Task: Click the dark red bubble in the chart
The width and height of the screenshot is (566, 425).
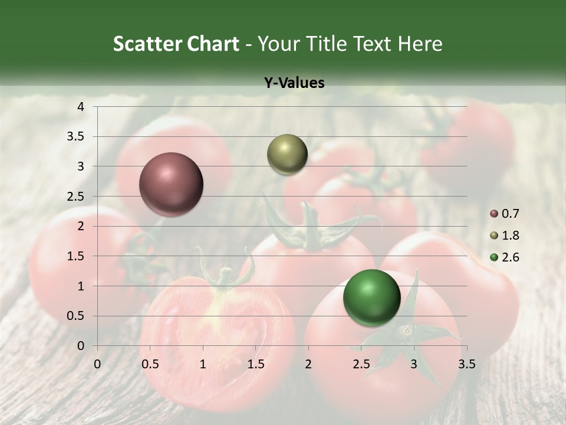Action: pyautogui.click(x=172, y=184)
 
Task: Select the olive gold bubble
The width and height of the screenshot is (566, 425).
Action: pyautogui.click(x=287, y=154)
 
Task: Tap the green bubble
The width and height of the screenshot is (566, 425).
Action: pyautogui.click(x=371, y=297)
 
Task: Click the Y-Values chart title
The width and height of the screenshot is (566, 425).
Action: pyautogui.click(x=294, y=83)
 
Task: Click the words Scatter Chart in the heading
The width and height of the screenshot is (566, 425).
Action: pyautogui.click(x=176, y=44)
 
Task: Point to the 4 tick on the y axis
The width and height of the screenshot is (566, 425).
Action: pyautogui.click(x=81, y=107)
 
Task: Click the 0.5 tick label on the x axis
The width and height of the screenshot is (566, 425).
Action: pyautogui.click(x=150, y=364)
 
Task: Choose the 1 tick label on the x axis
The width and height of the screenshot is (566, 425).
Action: pyautogui.click(x=203, y=364)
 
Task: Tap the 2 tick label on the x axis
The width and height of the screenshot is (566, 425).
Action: pyautogui.click(x=308, y=364)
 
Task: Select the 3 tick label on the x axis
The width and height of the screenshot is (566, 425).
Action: pyautogui.click(x=414, y=364)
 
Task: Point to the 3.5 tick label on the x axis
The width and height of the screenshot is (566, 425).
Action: pyautogui.click(x=466, y=364)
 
